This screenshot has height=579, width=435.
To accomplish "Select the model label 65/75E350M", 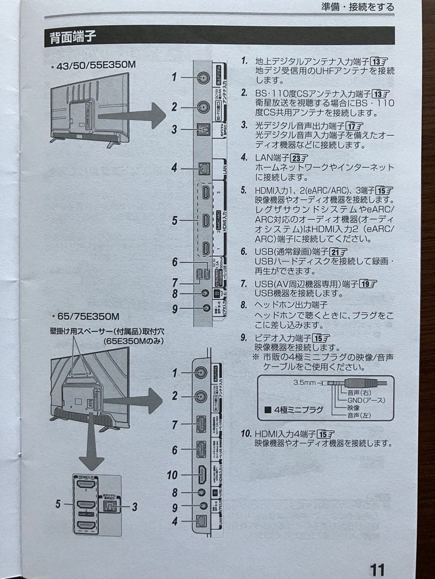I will click(88, 316).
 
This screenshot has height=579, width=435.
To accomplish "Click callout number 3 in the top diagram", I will click(174, 129).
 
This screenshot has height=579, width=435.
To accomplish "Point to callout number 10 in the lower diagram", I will click(172, 474).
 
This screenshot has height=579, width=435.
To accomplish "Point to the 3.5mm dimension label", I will click(305, 382).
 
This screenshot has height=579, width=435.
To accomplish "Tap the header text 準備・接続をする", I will click(358, 7).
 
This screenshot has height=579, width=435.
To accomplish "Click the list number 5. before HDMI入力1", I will click(244, 190).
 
